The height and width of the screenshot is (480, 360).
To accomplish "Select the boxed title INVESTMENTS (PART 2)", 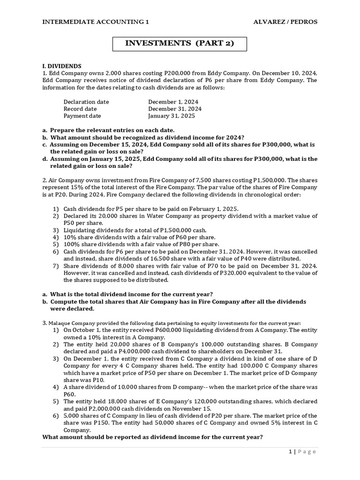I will [179, 44].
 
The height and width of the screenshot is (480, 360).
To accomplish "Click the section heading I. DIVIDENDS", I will [62, 66].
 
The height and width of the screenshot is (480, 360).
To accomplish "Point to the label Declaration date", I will [86, 102].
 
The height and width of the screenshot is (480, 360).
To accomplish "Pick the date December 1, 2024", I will [173, 102].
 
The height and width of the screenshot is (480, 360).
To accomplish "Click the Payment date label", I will [82, 116].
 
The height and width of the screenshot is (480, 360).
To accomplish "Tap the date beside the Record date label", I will [175, 109].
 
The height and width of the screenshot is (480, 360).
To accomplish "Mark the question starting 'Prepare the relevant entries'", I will [112, 130].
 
